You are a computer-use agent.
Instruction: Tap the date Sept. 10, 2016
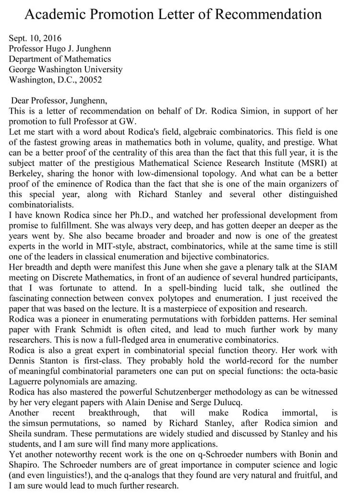pyautogui.click(x=35, y=38)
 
